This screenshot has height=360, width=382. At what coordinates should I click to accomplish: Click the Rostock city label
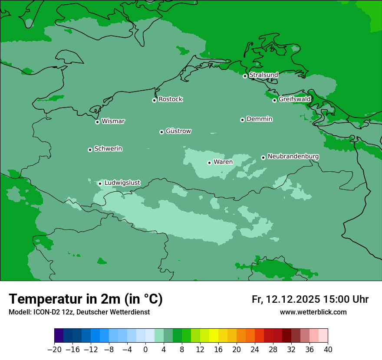tap(170, 99)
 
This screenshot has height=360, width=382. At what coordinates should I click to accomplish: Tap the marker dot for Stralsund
tap(245, 76)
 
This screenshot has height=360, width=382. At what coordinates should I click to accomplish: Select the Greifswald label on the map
tap(294, 99)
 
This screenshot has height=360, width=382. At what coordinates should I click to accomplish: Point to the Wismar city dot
tap(97, 122)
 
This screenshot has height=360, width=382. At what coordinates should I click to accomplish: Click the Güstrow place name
tap(178, 131)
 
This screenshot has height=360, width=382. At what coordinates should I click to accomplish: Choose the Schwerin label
tap(108, 149)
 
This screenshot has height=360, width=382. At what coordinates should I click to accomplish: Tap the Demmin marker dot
tap(242, 120)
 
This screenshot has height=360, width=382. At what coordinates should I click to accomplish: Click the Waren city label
tap(223, 162)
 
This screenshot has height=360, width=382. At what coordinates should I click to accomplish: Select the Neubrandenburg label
tap(293, 156)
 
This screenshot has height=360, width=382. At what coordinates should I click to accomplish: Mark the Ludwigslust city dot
tap(100, 183)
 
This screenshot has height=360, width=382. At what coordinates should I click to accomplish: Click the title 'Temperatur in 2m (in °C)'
tap(86, 299)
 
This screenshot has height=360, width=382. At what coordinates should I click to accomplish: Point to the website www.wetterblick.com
tap(313, 312)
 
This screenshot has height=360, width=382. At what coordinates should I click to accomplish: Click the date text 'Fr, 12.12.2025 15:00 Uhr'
tap(310, 299)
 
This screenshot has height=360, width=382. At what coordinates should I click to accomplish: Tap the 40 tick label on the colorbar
tap(328, 350)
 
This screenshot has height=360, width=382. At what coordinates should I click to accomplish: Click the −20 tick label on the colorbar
tap(54, 350)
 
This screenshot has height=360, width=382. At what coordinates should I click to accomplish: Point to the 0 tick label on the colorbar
tap(145, 350)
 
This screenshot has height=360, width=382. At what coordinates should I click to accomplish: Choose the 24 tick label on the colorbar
tap(255, 350)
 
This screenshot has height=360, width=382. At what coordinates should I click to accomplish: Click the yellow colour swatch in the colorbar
tap(214, 336)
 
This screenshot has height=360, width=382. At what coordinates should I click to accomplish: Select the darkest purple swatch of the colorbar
tap(59, 336)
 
